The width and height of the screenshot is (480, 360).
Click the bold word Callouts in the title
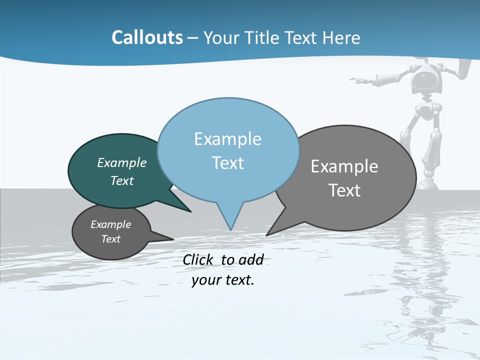(x=147, y=37)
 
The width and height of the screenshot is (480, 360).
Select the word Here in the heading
(x=342, y=37)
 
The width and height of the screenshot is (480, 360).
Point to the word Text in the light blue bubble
(x=227, y=162)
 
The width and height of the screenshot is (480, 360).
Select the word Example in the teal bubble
(x=121, y=162)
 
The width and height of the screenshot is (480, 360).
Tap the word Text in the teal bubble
(x=121, y=180)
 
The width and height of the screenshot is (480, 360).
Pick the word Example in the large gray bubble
(x=344, y=166)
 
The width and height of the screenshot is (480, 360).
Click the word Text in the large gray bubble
(x=344, y=190)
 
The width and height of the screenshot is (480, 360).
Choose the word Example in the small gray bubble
(x=110, y=224)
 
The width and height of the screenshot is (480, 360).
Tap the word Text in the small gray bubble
(x=110, y=239)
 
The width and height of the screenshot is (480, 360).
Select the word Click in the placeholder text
(x=199, y=259)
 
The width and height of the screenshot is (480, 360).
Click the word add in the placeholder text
(x=251, y=259)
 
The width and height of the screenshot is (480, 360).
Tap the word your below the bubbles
(x=206, y=280)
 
